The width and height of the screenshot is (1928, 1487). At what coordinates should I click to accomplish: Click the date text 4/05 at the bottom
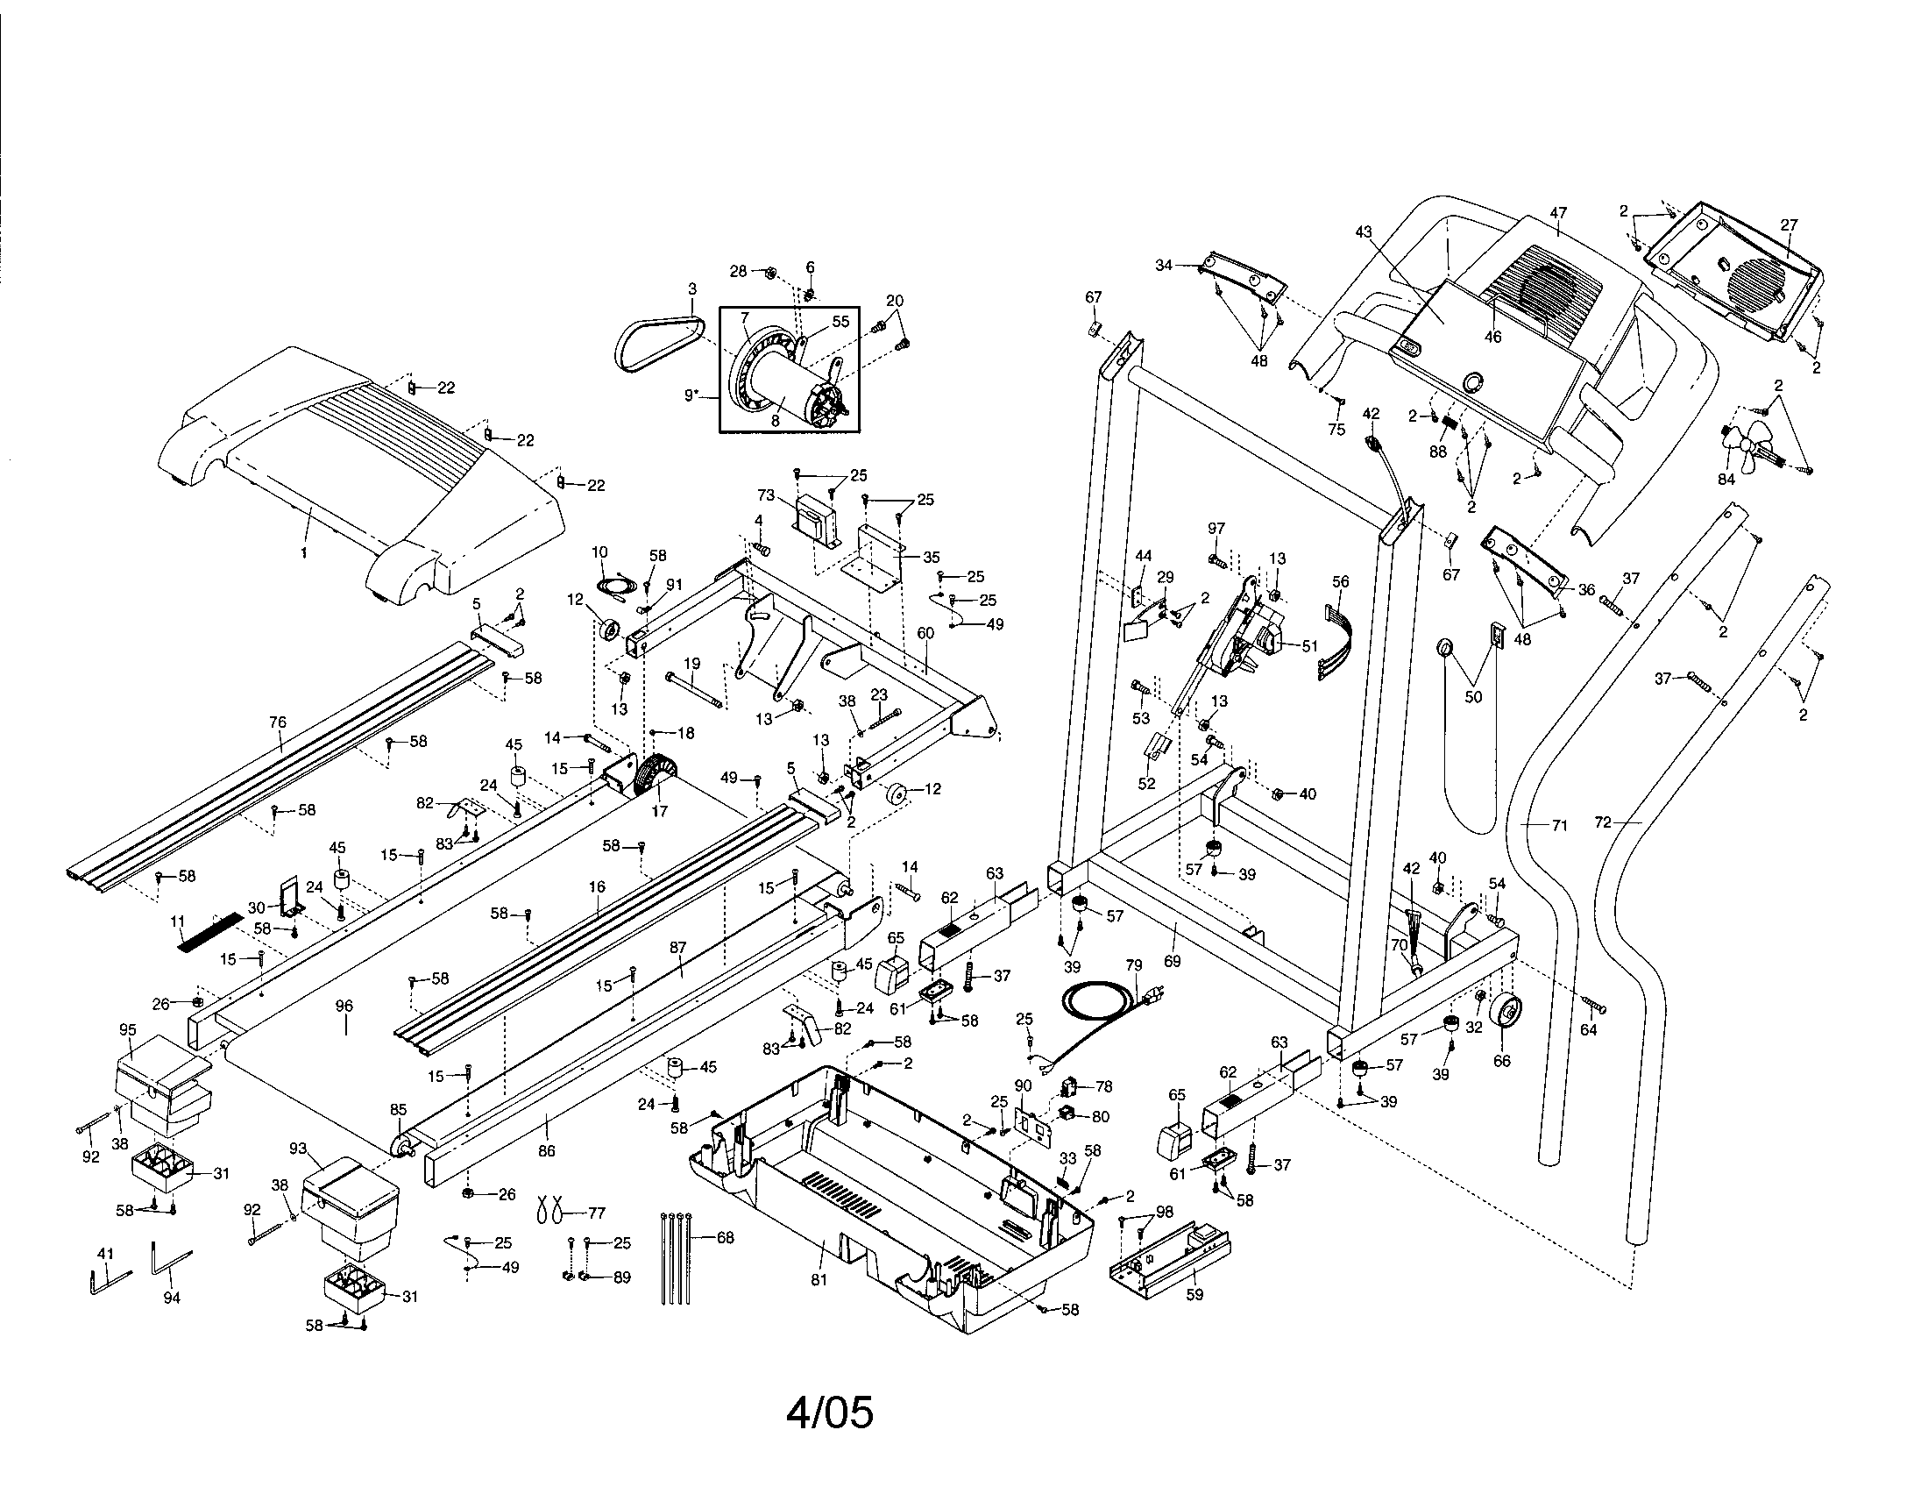pyautogui.click(x=829, y=1412)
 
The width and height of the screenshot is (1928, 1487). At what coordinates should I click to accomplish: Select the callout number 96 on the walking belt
pyautogui.click(x=344, y=1006)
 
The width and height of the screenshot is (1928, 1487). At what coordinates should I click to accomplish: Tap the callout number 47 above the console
pyautogui.click(x=1558, y=213)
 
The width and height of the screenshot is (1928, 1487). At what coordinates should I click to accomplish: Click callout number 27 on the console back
pyautogui.click(x=1789, y=225)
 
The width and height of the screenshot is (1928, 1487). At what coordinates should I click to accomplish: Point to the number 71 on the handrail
pyautogui.click(x=1559, y=826)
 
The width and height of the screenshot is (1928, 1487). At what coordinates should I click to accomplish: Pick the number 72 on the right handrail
pyautogui.click(x=1603, y=822)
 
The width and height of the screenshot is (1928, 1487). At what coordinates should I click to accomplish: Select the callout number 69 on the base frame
pyautogui.click(x=1172, y=961)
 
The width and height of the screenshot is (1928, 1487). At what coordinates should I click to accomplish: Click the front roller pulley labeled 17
pyautogui.click(x=656, y=780)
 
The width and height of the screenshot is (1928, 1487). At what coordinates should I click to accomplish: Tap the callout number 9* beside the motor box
pyautogui.click(x=694, y=395)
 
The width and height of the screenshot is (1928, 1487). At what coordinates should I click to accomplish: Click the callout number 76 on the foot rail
pyautogui.click(x=277, y=722)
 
